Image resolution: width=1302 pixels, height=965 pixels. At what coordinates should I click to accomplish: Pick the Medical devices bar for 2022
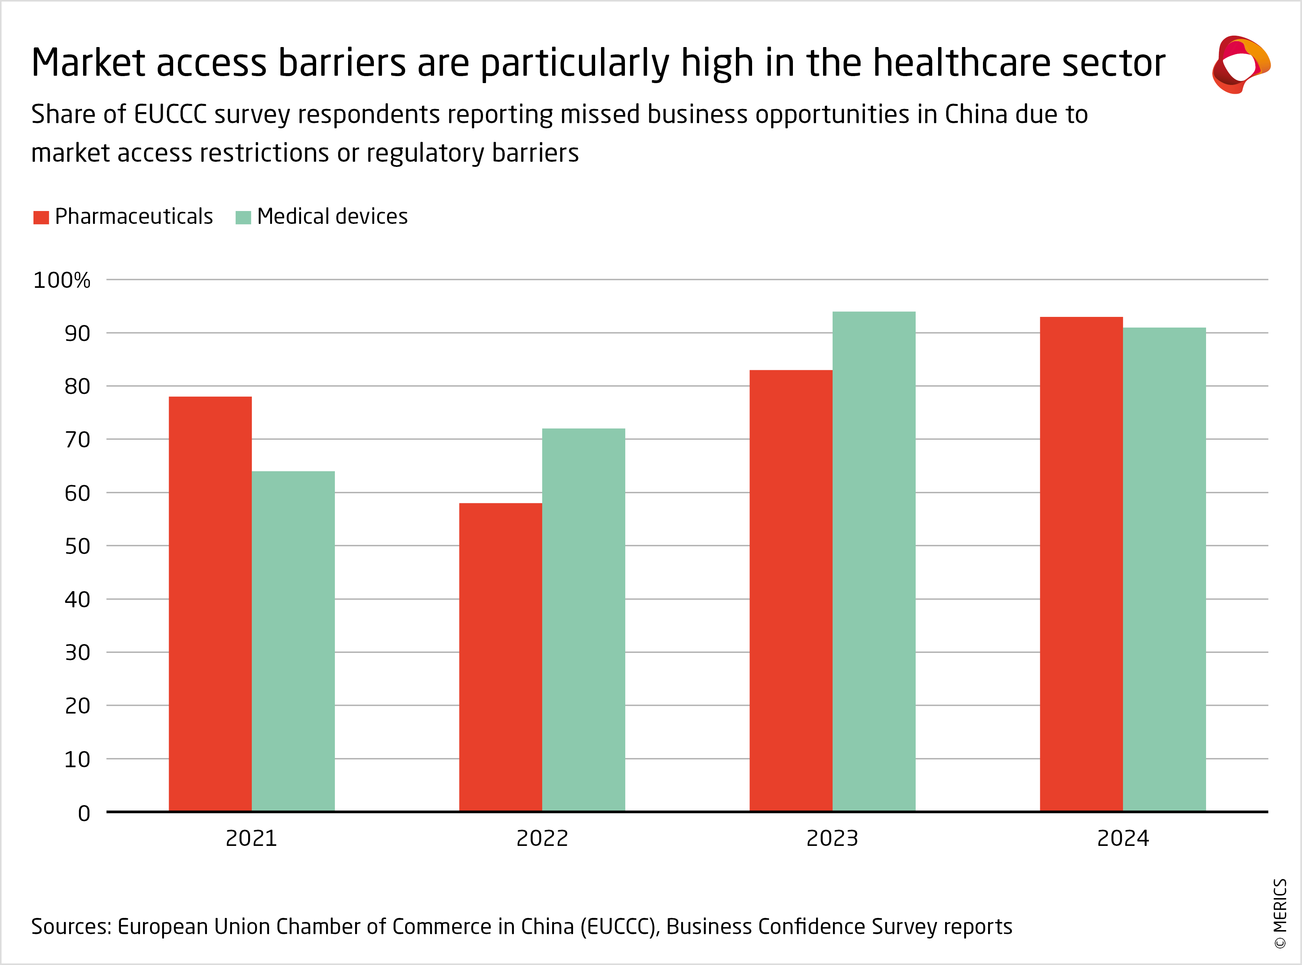583,619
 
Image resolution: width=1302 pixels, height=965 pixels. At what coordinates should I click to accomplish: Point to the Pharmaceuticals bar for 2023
791,590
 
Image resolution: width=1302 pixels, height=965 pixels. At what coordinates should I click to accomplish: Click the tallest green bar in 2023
874,561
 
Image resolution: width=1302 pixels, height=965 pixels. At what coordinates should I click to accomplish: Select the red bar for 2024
1081,564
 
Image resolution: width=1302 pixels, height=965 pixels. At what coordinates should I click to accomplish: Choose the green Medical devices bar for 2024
1164,569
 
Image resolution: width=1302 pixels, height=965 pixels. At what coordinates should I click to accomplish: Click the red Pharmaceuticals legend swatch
41,217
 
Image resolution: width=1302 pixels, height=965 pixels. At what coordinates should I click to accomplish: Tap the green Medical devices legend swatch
243,217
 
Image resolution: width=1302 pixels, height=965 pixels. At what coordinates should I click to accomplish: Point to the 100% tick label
62,280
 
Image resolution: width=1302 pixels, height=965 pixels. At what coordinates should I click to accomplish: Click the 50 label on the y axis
77,546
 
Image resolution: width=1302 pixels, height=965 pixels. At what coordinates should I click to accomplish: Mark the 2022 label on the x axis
542,838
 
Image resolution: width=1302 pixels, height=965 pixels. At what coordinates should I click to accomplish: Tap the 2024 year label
1123,838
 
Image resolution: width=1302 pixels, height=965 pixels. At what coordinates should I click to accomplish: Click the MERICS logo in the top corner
1241,64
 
